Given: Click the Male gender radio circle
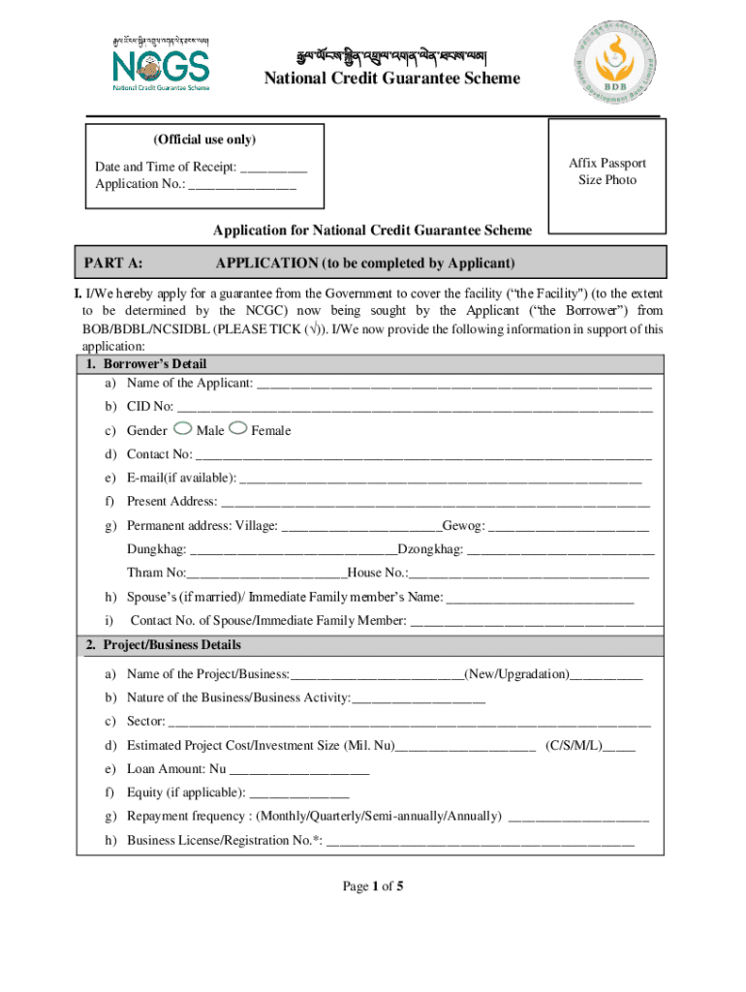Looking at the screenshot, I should pos(182,429).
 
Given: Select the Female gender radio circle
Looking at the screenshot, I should pos(238,429).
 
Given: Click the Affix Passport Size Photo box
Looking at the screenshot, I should pos(606,172).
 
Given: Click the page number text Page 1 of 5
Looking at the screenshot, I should pos(373,886).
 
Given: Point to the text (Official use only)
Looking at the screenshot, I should pos(203,140).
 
